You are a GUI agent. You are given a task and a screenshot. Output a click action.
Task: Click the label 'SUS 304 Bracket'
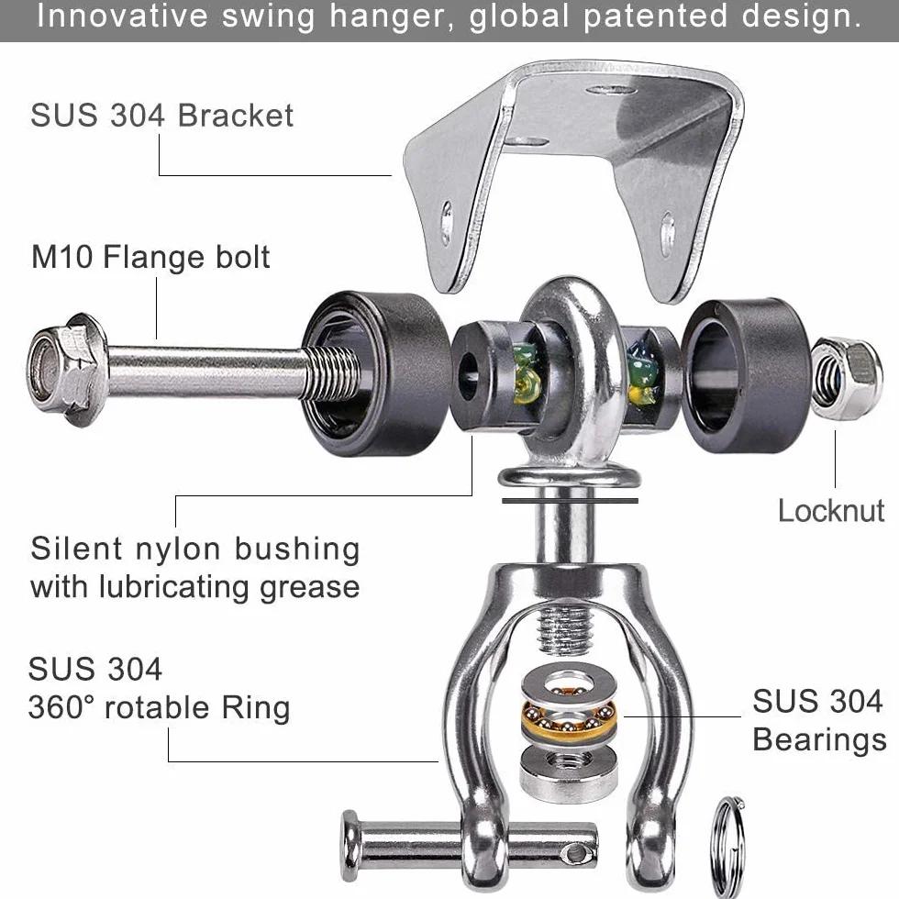click(161, 115)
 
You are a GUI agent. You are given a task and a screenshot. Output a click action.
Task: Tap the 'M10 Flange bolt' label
click(150, 257)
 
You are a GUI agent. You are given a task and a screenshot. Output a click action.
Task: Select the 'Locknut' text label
click(831, 510)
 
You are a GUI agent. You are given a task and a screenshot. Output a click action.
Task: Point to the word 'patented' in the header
click(655, 17)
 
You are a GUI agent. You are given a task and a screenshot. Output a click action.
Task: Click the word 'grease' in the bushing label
click(310, 588)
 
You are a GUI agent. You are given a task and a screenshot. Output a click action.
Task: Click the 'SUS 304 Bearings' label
click(819, 720)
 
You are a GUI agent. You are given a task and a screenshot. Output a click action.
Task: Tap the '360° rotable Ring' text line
click(159, 707)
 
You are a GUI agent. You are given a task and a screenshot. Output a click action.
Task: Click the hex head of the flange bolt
click(66, 369)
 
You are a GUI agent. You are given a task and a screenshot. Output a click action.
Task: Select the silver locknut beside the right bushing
click(846, 379)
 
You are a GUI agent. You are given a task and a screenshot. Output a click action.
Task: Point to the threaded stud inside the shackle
click(564, 629)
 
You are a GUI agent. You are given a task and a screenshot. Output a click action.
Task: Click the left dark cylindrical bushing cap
click(376, 373)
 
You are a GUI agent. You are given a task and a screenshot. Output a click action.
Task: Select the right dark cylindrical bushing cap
click(747, 374)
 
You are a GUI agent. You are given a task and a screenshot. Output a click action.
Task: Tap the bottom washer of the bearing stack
click(569, 771)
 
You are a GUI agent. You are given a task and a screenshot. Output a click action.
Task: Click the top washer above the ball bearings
click(569, 683)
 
